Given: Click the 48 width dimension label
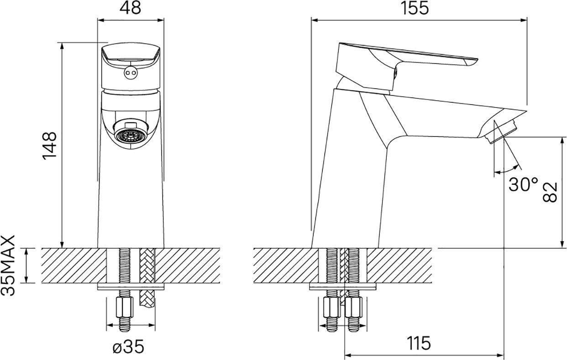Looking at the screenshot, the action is coord(131,8).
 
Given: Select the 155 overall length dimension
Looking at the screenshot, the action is coord(415,8).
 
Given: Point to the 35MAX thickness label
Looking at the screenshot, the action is coord(8,266).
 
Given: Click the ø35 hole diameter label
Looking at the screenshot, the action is coord(128,346).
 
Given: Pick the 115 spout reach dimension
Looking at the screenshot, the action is coord(419,343).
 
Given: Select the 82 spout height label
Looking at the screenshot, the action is coord(550,192).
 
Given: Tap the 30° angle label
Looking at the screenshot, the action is coord(523,184).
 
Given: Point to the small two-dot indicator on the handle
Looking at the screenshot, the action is coord(130,73).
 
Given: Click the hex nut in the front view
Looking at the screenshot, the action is coord(125,308).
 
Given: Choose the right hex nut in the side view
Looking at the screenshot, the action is coord(354,307).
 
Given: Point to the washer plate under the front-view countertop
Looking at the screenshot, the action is coord(131,287).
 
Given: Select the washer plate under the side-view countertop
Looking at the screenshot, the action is coord(343,287).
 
